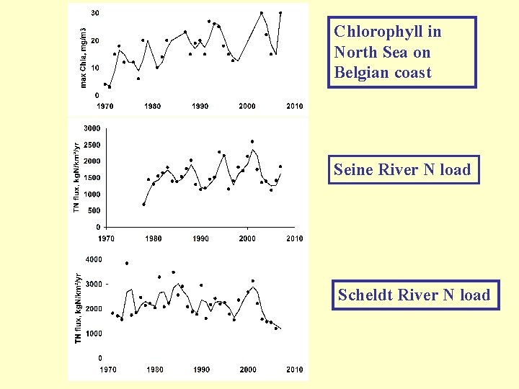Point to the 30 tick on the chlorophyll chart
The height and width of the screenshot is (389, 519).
coord(95,14)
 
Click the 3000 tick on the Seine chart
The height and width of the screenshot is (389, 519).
coord(92,128)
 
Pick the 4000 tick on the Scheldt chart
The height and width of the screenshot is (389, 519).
coord(94,259)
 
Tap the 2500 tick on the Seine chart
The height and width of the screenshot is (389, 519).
coord(92,145)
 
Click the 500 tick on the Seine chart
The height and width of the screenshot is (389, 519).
coord(94,210)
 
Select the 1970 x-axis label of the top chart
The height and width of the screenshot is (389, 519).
coord(105,107)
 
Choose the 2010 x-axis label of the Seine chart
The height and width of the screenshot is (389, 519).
coord(294,238)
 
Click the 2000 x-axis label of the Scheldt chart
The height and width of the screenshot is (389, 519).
coord(248,370)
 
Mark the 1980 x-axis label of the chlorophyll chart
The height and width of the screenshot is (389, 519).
coord(152,107)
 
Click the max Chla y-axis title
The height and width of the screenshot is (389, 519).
coord(83,58)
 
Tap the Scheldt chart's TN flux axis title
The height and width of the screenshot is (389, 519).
coord(79,308)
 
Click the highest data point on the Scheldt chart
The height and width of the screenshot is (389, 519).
coord(127,264)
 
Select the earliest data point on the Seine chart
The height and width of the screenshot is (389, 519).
coord(143,205)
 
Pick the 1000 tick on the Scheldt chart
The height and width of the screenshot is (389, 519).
coord(94,334)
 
